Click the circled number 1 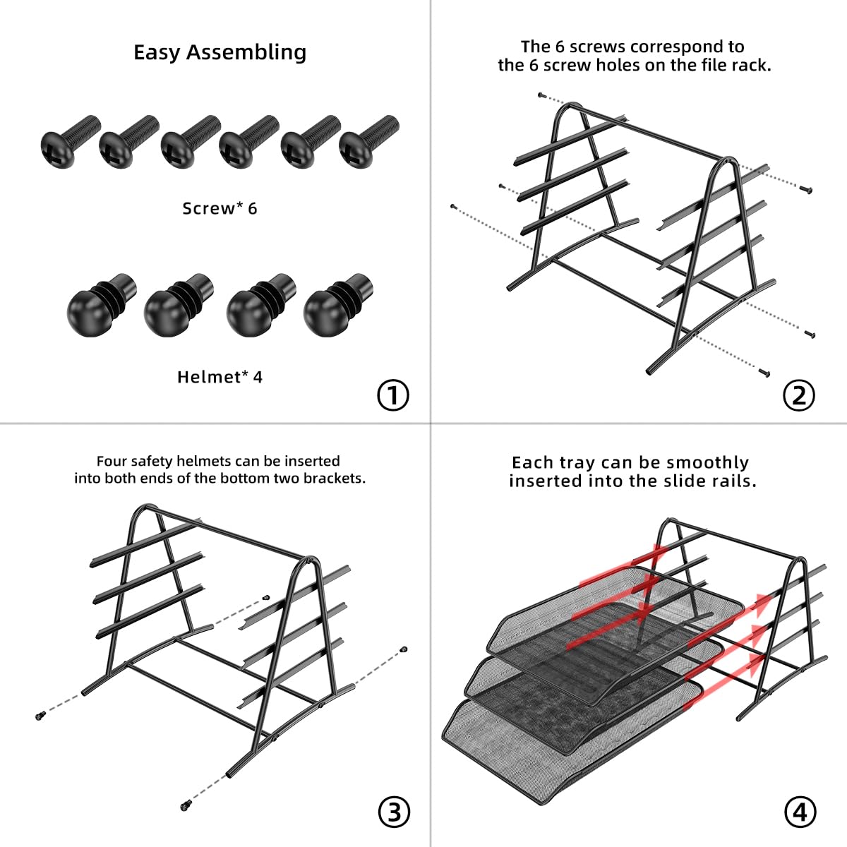point(393,395)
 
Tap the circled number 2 point(798,395)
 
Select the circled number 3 point(394,812)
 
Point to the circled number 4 point(799,812)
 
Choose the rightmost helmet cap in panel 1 point(336,305)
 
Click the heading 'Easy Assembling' point(220,52)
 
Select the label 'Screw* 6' point(220,208)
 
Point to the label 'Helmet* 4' point(220,377)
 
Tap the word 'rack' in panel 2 point(754,66)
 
